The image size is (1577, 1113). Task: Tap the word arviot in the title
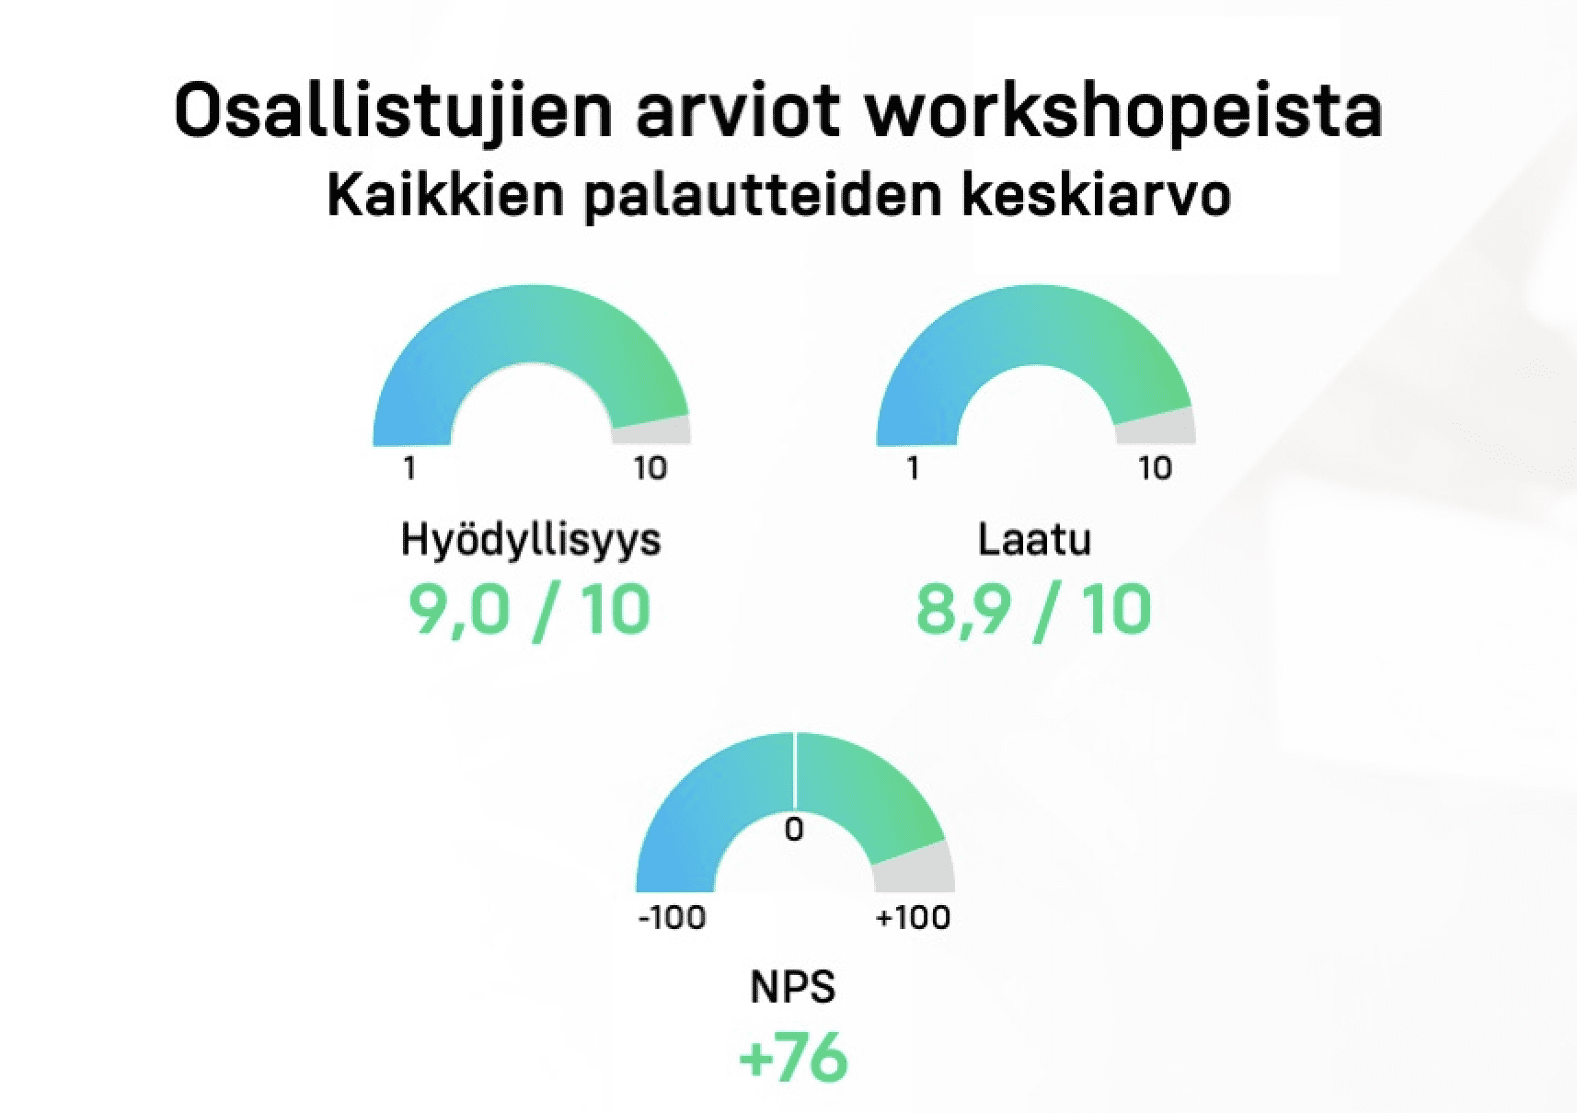coord(739,111)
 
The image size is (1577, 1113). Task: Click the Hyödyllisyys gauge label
coord(531,541)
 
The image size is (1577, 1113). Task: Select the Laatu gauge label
coord(1034,539)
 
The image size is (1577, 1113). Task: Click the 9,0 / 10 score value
coord(529,611)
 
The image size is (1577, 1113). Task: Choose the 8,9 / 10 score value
coord(1033,611)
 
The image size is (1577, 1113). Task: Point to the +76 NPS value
coord(793,1057)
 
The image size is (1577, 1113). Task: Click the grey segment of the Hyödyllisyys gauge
coord(652,430)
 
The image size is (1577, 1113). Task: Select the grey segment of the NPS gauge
coord(915,868)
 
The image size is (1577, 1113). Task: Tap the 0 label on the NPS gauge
coord(793,830)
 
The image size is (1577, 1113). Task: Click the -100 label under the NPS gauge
coord(672,918)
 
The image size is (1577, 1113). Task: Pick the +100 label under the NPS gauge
coord(913,918)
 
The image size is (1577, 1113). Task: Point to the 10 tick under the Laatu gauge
coord(1156,468)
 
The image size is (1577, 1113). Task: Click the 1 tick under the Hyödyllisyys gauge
coord(409,468)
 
